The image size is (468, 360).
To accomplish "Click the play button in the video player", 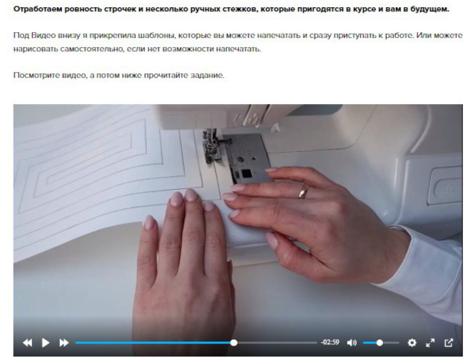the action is (46, 343).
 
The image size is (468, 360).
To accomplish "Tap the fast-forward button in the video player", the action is (64, 343).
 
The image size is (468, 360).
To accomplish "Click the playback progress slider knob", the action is (234, 343).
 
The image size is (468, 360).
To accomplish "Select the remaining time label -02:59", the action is (330, 342).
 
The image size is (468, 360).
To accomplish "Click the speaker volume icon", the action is (352, 343).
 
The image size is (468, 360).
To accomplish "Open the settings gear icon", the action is (412, 343).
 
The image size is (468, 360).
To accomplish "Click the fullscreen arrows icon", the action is (430, 343).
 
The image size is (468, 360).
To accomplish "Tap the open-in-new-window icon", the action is (449, 343).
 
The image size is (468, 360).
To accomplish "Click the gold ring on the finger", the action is (304, 192).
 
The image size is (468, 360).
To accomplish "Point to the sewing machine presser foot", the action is (213, 146).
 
